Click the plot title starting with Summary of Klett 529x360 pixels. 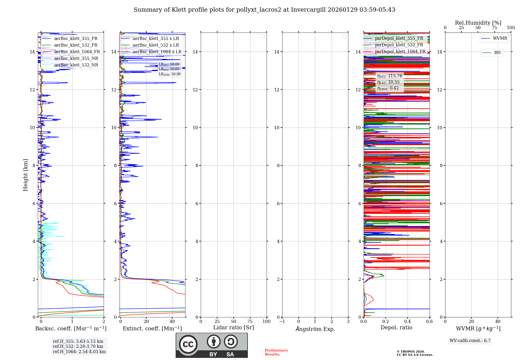264,10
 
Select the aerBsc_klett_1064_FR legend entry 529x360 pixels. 77,52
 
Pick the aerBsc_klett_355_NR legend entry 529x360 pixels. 76,58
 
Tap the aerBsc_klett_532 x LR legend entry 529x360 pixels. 156,45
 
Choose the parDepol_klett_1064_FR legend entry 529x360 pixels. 400,52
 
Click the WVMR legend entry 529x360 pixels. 500,38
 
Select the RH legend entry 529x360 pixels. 497,53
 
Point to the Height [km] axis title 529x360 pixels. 25,175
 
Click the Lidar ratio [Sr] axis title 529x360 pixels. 234,328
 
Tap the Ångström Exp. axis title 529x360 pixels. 315,329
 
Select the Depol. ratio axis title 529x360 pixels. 396,328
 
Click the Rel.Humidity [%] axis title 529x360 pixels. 478,23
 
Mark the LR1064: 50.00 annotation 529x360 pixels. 170,74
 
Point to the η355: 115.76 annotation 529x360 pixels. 390,76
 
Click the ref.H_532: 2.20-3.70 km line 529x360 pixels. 78,346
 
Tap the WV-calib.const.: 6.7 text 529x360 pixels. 470,341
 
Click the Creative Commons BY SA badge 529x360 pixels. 212,345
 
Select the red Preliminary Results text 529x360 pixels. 276,352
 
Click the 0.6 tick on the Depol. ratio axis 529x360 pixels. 429,322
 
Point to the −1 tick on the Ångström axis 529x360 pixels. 282,322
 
